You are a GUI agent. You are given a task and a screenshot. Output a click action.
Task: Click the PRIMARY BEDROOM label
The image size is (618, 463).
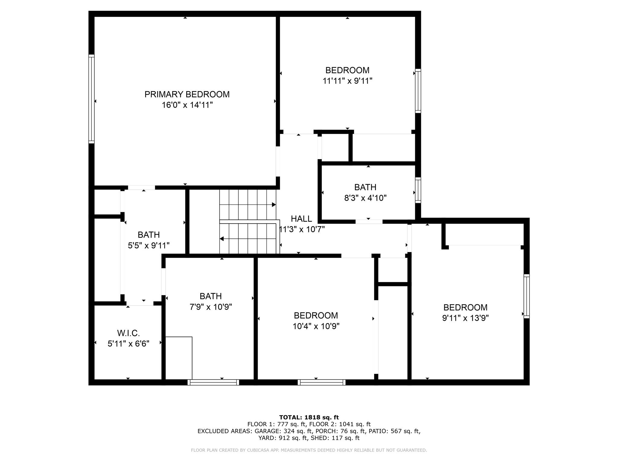click(187, 94)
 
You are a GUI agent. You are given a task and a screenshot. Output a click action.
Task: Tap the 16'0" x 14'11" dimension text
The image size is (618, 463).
click(187, 105)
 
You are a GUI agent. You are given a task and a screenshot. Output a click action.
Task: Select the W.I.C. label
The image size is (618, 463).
click(129, 333)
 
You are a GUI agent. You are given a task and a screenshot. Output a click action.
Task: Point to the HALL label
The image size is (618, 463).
click(301, 219)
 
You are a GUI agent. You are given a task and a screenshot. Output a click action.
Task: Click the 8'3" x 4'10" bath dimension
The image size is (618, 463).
click(365, 198)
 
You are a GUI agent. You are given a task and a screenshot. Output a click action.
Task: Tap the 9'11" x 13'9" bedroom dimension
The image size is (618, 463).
click(465, 318)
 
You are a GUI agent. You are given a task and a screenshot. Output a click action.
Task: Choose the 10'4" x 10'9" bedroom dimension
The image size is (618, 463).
click(316, 326)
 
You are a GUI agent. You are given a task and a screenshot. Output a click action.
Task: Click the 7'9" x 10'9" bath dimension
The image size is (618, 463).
click(211, 307)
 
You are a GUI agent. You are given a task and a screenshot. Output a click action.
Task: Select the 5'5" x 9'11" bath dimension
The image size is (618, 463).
click(149, 246)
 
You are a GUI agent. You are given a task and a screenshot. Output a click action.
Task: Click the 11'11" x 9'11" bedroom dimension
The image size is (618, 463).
click(347, 81)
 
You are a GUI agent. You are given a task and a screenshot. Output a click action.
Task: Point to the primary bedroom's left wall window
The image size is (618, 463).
click(91, 99)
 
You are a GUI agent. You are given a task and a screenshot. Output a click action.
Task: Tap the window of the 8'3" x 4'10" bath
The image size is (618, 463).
click(418, 190)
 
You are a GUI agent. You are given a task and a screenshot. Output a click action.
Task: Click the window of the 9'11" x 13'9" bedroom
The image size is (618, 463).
click(527, 296)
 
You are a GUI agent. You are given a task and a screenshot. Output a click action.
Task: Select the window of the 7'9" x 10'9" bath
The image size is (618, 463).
click(213, 382)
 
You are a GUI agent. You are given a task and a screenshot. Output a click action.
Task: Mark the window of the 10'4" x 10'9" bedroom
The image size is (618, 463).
click(322, 382)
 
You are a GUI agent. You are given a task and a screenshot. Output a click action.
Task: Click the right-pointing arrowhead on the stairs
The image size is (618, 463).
click(274, 205)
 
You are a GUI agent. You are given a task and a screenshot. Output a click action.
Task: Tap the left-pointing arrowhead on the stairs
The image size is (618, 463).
click(221, 239)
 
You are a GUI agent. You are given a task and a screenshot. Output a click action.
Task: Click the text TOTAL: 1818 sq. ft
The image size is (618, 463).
click(309, 417)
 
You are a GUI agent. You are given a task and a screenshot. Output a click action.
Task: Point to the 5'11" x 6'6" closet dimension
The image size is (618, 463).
click(129, 344)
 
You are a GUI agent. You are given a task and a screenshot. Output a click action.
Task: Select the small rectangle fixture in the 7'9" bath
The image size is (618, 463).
click(179, 358)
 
